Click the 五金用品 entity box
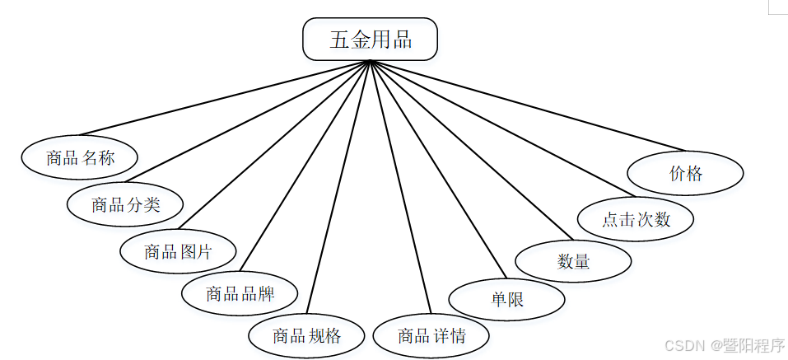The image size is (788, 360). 370,40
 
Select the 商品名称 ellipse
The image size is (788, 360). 80,157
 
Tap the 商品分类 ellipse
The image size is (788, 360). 125,204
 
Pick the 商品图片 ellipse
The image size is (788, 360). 178,251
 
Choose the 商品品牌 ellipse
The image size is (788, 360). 240,292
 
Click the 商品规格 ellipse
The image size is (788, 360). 306,335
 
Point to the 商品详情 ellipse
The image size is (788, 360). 431,335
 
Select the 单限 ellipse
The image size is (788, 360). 507,300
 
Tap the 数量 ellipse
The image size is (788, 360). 573,261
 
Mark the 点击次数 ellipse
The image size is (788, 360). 636,219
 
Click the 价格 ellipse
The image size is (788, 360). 685,173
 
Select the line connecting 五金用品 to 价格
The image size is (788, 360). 527,105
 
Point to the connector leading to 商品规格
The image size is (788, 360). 338,187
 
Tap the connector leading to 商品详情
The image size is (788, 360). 401,187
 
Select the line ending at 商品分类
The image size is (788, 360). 248,122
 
